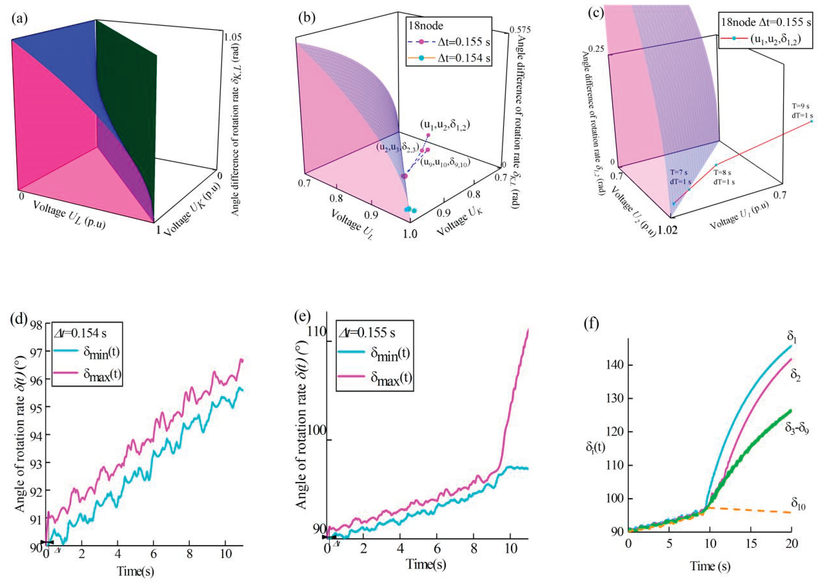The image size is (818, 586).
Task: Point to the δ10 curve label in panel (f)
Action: point(798,502)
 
